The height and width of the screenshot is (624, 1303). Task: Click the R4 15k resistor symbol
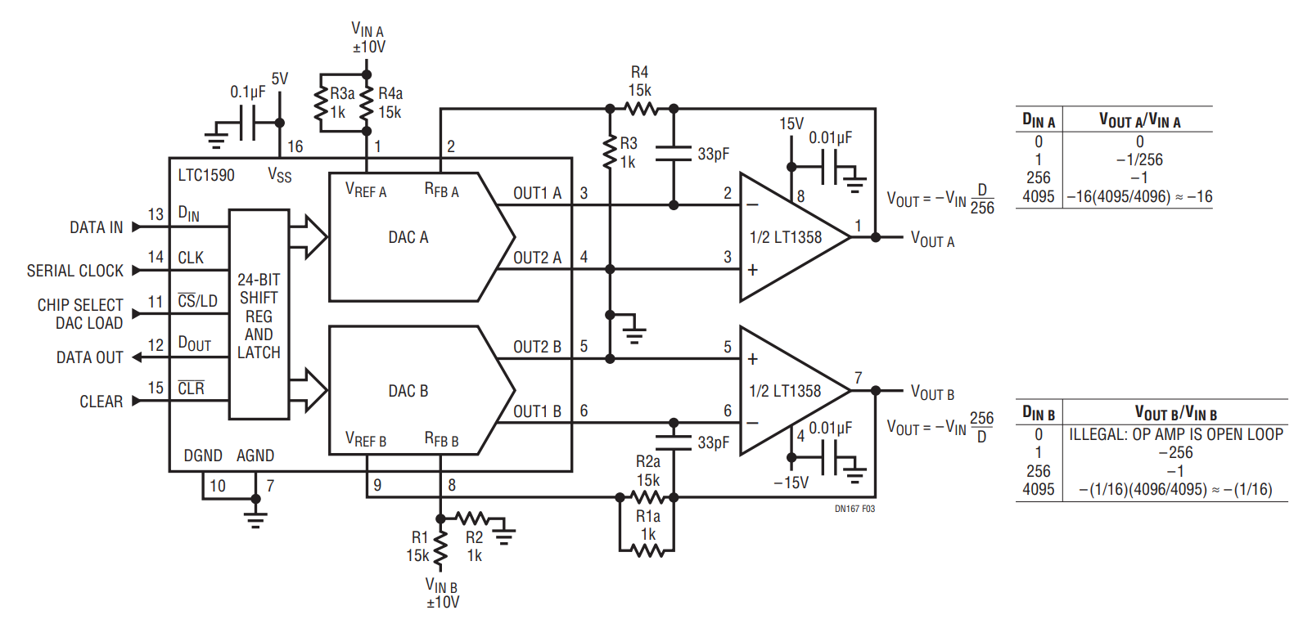click(x=641, y=109)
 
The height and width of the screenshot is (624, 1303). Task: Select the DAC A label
click(x=408, y=237)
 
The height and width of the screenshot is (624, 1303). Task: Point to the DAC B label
click(x=408, y=391)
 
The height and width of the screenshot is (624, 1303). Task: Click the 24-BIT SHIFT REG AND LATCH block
click(x=259, y=316)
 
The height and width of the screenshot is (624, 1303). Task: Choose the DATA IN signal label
click(x=96, y=227)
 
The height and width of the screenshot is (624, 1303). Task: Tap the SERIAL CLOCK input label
click(x=75, y=271)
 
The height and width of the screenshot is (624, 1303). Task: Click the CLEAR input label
click(x=101, y=402)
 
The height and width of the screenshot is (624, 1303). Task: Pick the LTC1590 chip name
click(x=206, y=175)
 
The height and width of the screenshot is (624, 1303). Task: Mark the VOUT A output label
click(x=932, y=240)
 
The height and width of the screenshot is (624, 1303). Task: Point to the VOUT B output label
click(x=932, y=393)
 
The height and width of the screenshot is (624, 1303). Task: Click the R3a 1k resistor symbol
click(x=320, y=103)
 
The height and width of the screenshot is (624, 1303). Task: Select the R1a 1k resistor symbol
click(x=648, y=552)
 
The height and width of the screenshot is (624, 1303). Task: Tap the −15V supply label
click(x=791, y=483)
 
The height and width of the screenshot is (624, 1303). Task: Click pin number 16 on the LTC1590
click(x=295, y=146)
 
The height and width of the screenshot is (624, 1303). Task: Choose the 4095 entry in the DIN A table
click(x=1038, y=196)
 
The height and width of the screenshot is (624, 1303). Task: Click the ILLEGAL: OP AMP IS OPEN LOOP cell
click(x=1175, y=434)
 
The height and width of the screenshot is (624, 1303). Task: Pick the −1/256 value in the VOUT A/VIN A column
click(x=1139, y=159)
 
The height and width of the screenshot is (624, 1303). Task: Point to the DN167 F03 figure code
click(x=854, y=509)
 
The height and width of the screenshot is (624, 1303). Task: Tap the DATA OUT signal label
click(x=89, y=357)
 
